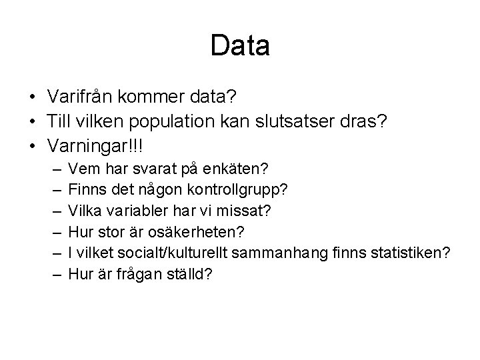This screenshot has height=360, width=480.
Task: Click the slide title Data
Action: click(x=239, y=46)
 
